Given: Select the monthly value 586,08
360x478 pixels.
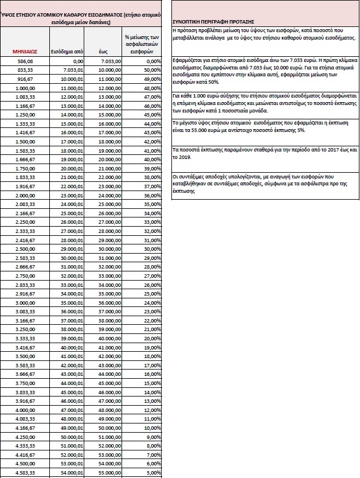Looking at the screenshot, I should tap(25, 60).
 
